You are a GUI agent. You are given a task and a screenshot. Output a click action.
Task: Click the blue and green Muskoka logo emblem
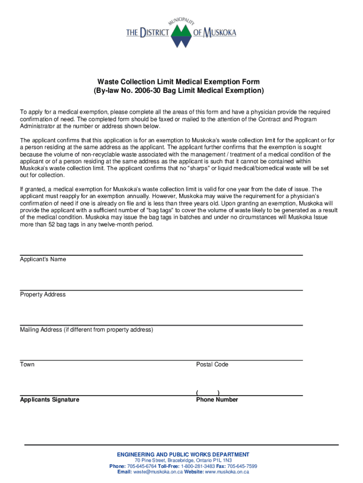(x=181, y=35)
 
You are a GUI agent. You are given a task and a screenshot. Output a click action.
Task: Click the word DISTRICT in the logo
(x=155, y=33)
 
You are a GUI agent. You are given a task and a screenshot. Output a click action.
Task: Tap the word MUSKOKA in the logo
(x=218, y=33)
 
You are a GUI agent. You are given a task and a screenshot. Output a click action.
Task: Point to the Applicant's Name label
(x=43, y=259)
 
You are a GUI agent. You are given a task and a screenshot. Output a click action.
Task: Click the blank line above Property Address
(x=161, y=289)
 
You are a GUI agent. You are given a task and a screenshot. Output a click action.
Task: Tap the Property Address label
(x=43, y=295)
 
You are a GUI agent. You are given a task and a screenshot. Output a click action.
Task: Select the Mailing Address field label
(x=86, y=330)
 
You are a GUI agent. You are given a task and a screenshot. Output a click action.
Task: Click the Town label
(x=27, y=365)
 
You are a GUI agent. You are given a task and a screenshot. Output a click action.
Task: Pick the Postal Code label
(x=212, y=365)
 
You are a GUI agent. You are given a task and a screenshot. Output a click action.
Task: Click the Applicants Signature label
(x=49, y=400)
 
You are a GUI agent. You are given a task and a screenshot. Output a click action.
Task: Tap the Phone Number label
(x=217, y=400)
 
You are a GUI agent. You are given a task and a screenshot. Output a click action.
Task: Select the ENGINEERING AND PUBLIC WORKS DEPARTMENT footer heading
(x=183, y=455)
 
